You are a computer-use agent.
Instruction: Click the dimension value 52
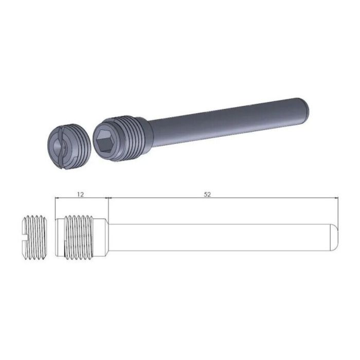pos(207,194)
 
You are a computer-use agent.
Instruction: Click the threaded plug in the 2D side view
pos(36,237)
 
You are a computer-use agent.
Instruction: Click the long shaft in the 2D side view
pos(216,237)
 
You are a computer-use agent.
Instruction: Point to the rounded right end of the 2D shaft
pos(335,237)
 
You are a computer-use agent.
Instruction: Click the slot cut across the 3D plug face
pos(62,146)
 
